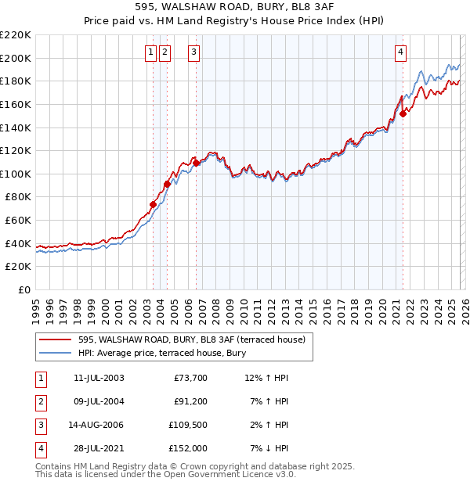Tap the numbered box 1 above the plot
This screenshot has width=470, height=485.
coord(150,52)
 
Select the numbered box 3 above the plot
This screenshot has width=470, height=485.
coord(193,52)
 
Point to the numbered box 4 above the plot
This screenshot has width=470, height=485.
coord(400,52)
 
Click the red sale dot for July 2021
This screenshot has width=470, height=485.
coord(403,113)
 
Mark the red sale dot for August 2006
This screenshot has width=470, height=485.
coord(197,163)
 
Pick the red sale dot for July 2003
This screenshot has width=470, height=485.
coord(153,204)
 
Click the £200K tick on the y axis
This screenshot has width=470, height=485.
coord(16,58)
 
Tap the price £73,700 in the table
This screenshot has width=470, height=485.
coord(190,378)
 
